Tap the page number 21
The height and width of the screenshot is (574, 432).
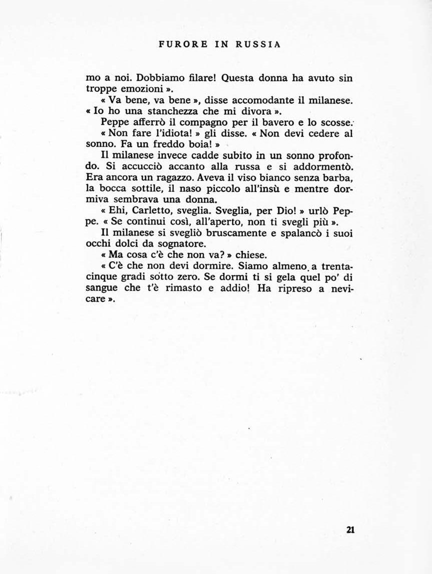coord(350,530)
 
